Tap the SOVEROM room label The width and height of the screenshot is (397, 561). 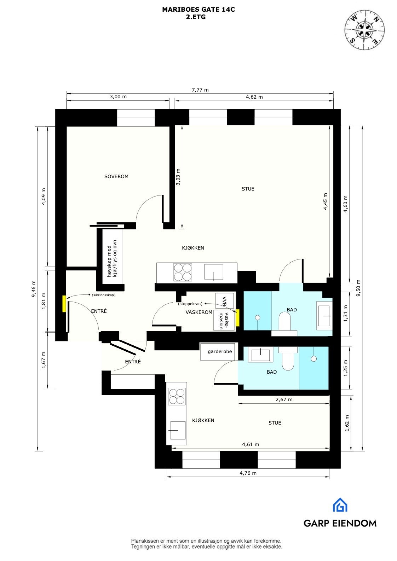pos(116,176)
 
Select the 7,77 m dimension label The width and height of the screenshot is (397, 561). pos(200,90)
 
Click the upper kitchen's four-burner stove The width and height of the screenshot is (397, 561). pos(183,272)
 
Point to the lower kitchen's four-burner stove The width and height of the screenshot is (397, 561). pos(177,396)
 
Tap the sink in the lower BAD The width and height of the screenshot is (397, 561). pos(261,355)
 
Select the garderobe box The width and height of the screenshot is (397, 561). pos(220,351)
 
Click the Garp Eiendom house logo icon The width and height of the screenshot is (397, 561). pos(340,505)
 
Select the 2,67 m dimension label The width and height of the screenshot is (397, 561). pos(284,400)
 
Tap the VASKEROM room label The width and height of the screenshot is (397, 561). pos(199,312)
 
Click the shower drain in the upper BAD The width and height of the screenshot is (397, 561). pos(258,317)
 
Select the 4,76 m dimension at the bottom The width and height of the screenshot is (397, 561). pos(248,473)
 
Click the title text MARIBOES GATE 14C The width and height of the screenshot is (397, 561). pos(198,10)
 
